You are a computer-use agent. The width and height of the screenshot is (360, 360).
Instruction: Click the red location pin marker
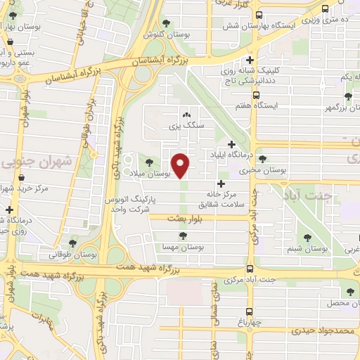click(181, 165)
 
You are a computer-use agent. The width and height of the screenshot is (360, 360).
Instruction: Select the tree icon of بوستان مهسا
click(183, 236)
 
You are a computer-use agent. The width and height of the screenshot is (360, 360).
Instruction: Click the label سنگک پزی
click(186, 127)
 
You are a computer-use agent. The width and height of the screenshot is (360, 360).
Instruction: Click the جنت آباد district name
click(307, 196)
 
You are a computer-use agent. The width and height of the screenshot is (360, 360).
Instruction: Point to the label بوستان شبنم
click(308, 249)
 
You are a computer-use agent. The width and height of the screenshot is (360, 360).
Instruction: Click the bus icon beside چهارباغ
click(248, 312)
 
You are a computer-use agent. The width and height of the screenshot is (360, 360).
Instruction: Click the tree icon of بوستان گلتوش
click(166, 23)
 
